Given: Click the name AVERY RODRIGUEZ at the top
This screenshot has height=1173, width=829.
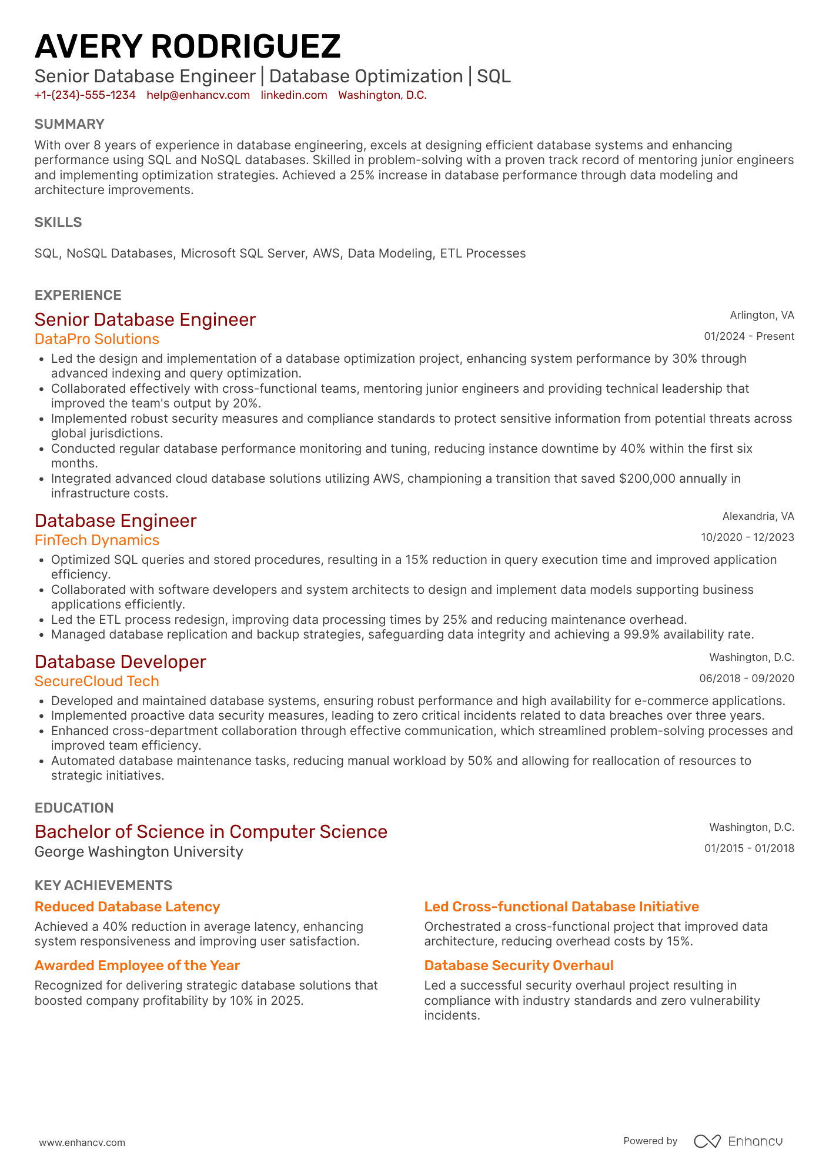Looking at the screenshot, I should pyautogui.click(x=188, y=46).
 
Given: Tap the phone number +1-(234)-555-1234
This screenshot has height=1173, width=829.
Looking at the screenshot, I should pyautogui.click(x=85, y=95).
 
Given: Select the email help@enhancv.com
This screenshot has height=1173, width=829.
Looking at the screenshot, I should pyautogui.click(x=198, y=95).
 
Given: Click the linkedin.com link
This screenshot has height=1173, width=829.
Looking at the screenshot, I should pyautogui.click(x=294, y=95).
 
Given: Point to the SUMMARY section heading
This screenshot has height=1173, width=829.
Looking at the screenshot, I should pyautogui.click(x=69, y=124).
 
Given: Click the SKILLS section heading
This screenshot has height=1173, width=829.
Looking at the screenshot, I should pyautogui.click(x=58, y=222).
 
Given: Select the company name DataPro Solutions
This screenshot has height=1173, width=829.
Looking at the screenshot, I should pyautogui.click(x=97, y=339).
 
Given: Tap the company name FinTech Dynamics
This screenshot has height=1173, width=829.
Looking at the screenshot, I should pyautogui.click(x=97, y=540).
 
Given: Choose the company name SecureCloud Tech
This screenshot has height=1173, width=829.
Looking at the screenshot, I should pyautogui.click(x=97, y=681).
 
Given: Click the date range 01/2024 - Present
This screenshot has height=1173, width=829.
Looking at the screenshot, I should pyautogui.click(x=749, y=336).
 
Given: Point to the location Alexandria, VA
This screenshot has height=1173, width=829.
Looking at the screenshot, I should pyautogui.click(x=758, y=516).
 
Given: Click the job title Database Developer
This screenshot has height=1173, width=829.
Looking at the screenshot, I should pyautogui.click(x=121, y=662).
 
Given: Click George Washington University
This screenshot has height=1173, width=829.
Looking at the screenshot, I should pyautogui.click(x=139, y=852).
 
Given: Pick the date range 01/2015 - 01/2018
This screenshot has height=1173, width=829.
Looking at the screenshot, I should pyautogui.click(x=749, y=848).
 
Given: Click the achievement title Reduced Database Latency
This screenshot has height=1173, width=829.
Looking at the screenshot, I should pyautogui.click(x=127, y=907).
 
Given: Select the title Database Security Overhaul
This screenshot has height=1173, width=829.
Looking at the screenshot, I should pyautogui.click(x=519, y=965).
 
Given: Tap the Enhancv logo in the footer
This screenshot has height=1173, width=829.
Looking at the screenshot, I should pyautogui.click(x=738, y=1141).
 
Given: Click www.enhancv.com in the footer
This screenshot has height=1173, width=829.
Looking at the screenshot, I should pyautogui.click(x=82, y=1142).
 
